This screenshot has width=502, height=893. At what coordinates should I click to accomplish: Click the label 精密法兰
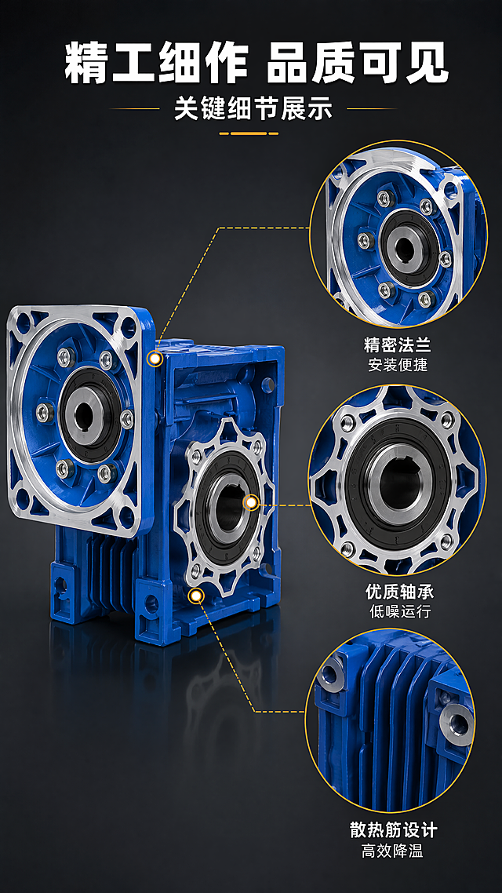pyautogui.click(x=398, y=345)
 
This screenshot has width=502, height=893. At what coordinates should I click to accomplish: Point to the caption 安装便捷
pyautogui.click(x=398, y=364)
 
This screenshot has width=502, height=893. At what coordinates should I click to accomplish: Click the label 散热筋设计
pyautogui.click(x=393, y=829)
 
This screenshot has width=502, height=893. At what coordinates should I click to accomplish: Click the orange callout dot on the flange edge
pyautogui.click(x=155, y=359)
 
